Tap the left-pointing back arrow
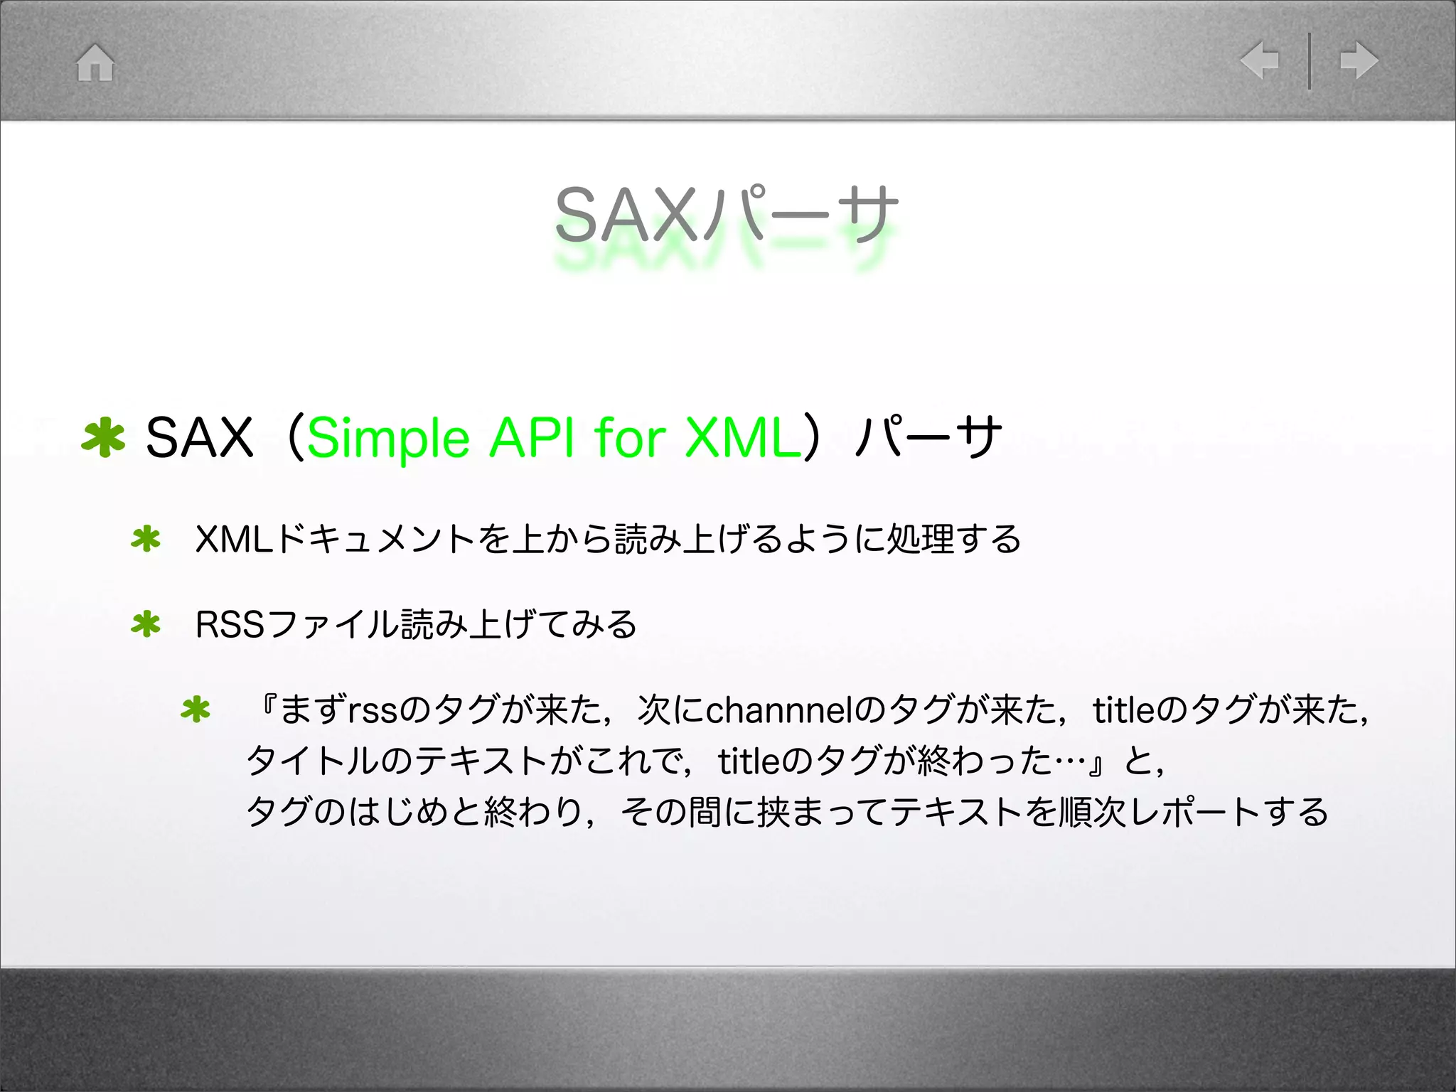1260,60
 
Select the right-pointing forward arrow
1359,60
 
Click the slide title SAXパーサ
727,214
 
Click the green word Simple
388,439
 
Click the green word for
630,437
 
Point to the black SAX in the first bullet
200,437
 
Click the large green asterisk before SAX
104,437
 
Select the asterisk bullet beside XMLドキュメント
146,539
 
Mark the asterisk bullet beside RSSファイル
146,625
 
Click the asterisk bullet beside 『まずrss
196,710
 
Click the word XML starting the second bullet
234,540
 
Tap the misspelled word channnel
778,710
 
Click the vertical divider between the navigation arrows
1310,61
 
